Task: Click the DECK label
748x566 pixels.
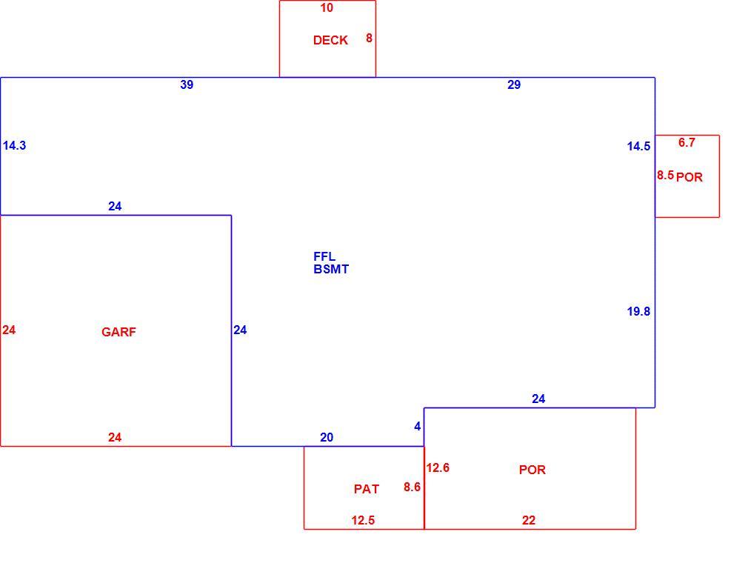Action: tap(330, 41)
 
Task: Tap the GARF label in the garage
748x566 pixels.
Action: tap(118, 332)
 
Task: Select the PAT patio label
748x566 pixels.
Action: tap(367, 489)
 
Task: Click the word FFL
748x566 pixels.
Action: tap(324, 256)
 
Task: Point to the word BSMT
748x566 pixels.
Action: tap(331, 269)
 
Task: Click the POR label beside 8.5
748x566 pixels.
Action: tap(689, 178)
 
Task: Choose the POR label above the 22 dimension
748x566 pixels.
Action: tap(532, 470)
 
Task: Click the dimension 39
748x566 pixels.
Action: tap(187, 85)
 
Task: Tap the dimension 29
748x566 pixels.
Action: tap(514, 85)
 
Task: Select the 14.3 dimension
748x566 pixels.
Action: tap(14, 146)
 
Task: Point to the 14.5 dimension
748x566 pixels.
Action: tap(638, 147)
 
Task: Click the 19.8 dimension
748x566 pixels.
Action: tap(638, 312)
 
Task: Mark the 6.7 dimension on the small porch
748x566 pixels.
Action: tap(687, 143)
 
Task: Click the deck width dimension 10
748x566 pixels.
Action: tap(327, 8)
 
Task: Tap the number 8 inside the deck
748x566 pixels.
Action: tap(370, 39)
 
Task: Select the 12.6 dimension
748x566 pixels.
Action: tap(438, 467)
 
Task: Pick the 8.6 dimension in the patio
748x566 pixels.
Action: tap(413, 487)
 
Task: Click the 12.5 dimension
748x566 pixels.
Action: tap(363, 521)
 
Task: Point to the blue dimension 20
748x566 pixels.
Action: tap(327, 438)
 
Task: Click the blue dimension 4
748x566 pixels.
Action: tap(418, 427)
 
